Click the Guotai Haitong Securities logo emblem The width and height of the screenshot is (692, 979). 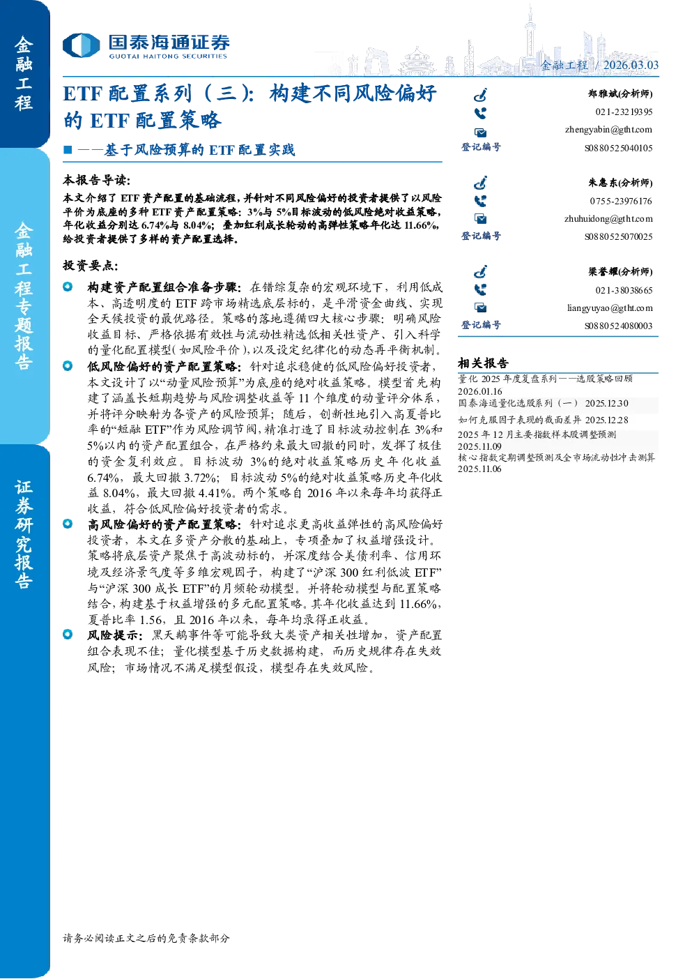click(82, 45)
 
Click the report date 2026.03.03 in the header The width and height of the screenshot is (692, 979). click(631, 65)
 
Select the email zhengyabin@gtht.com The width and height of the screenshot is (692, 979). click(608, 130)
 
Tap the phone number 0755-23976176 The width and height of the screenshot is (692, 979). click(621, 201)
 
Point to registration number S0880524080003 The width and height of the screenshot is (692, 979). click(618, 326)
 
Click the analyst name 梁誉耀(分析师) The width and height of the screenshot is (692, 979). click(620, 272)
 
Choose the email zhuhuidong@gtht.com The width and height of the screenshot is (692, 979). click(608, 218)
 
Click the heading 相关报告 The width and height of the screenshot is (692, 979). click(483, 363)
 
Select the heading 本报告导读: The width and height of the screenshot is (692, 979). click(97, 180)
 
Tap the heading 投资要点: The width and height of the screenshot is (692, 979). click(91, 265)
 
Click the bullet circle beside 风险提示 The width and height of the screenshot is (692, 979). click(68, 634)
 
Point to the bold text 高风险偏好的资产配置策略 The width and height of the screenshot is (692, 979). click(162, 524)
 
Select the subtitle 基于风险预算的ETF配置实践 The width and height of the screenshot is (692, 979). click(199, 150)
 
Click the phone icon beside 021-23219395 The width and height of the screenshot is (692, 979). click(480, 114)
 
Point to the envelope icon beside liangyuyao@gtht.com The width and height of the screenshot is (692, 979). click(481, 308)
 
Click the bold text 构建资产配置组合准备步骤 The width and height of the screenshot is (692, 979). click(162, 287)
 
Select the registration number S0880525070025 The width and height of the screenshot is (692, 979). click(618, 236)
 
